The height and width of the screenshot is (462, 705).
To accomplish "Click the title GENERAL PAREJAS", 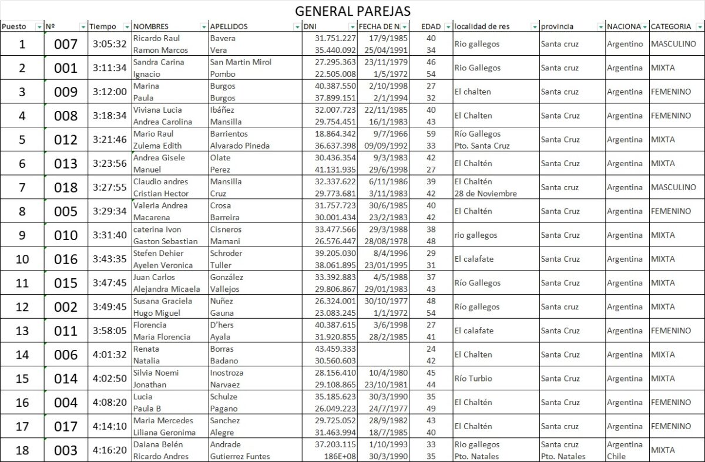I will tap(352, 11).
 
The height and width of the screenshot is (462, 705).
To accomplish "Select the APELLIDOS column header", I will tap(229, 26).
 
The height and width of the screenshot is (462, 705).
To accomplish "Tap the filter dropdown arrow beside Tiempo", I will tap(127, 27).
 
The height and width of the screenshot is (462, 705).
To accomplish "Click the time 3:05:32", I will tap(109, 44).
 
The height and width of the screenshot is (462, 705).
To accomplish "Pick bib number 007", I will tap(65, 44).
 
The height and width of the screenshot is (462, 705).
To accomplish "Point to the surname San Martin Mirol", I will tap(240, 62).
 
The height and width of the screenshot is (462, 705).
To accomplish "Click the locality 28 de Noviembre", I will tap(485, 193).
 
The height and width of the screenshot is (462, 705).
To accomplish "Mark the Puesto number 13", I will tap(22, 331).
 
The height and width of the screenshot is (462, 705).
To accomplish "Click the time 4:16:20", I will tap(109, 450).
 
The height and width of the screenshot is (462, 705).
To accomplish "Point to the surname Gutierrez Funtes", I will tap(240, 456).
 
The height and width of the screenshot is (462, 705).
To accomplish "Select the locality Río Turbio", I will tap(473, 379).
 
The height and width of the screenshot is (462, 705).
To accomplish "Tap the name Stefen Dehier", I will tap(158, 253).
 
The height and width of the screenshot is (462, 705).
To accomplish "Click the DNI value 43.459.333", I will tap(335, 349).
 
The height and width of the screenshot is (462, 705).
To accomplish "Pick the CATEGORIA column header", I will tap(670, 26).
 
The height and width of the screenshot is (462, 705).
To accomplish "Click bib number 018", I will tap(65, 187).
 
